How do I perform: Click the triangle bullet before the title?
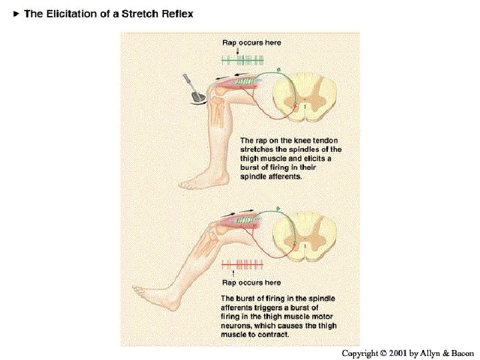17,14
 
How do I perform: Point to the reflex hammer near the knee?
194,87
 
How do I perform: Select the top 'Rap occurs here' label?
251,43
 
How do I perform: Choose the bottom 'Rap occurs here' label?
251,283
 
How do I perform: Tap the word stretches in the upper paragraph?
258,150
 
